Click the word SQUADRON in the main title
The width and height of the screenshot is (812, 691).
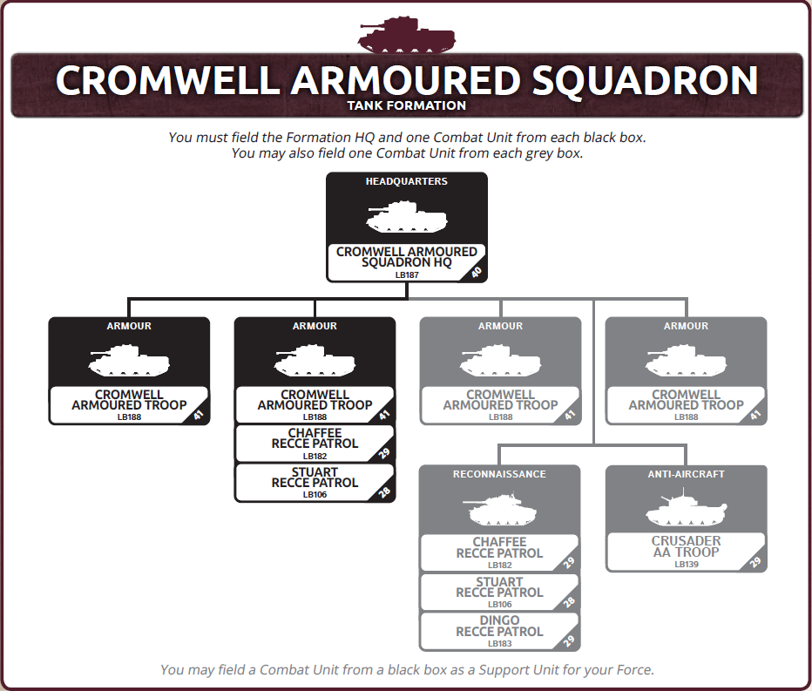[x=645, y=80]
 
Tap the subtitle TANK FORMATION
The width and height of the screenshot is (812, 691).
[x=407, y=105]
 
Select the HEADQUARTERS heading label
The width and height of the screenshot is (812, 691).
[x=407, y=181]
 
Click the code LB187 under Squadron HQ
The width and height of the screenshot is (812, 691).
[x=407, y=275]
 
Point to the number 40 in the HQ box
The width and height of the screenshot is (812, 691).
[x=477, y=272]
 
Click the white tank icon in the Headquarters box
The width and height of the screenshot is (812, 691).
[x=407, y=218]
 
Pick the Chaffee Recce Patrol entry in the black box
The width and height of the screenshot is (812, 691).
[x=315, y=444]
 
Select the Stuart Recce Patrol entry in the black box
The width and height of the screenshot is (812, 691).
[x=315, y=482]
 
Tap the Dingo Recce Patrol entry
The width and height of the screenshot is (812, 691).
[x=500, y=631]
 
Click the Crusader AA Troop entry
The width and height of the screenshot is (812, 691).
[x=687, y=552]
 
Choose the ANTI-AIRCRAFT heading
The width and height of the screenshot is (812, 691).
[x=687, y=474]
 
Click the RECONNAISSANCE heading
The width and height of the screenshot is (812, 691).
[x=500, y=474]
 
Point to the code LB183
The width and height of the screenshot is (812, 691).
[x=500, y=644]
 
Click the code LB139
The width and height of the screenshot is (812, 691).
[x=687, y=565]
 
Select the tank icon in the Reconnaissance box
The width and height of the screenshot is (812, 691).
[x=500, y=510]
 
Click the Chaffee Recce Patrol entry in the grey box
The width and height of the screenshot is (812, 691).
[x=500, y=552]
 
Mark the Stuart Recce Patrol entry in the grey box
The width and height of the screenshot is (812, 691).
[x=500, y=592]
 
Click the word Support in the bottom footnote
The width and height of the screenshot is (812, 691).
[x=499, y=670]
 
